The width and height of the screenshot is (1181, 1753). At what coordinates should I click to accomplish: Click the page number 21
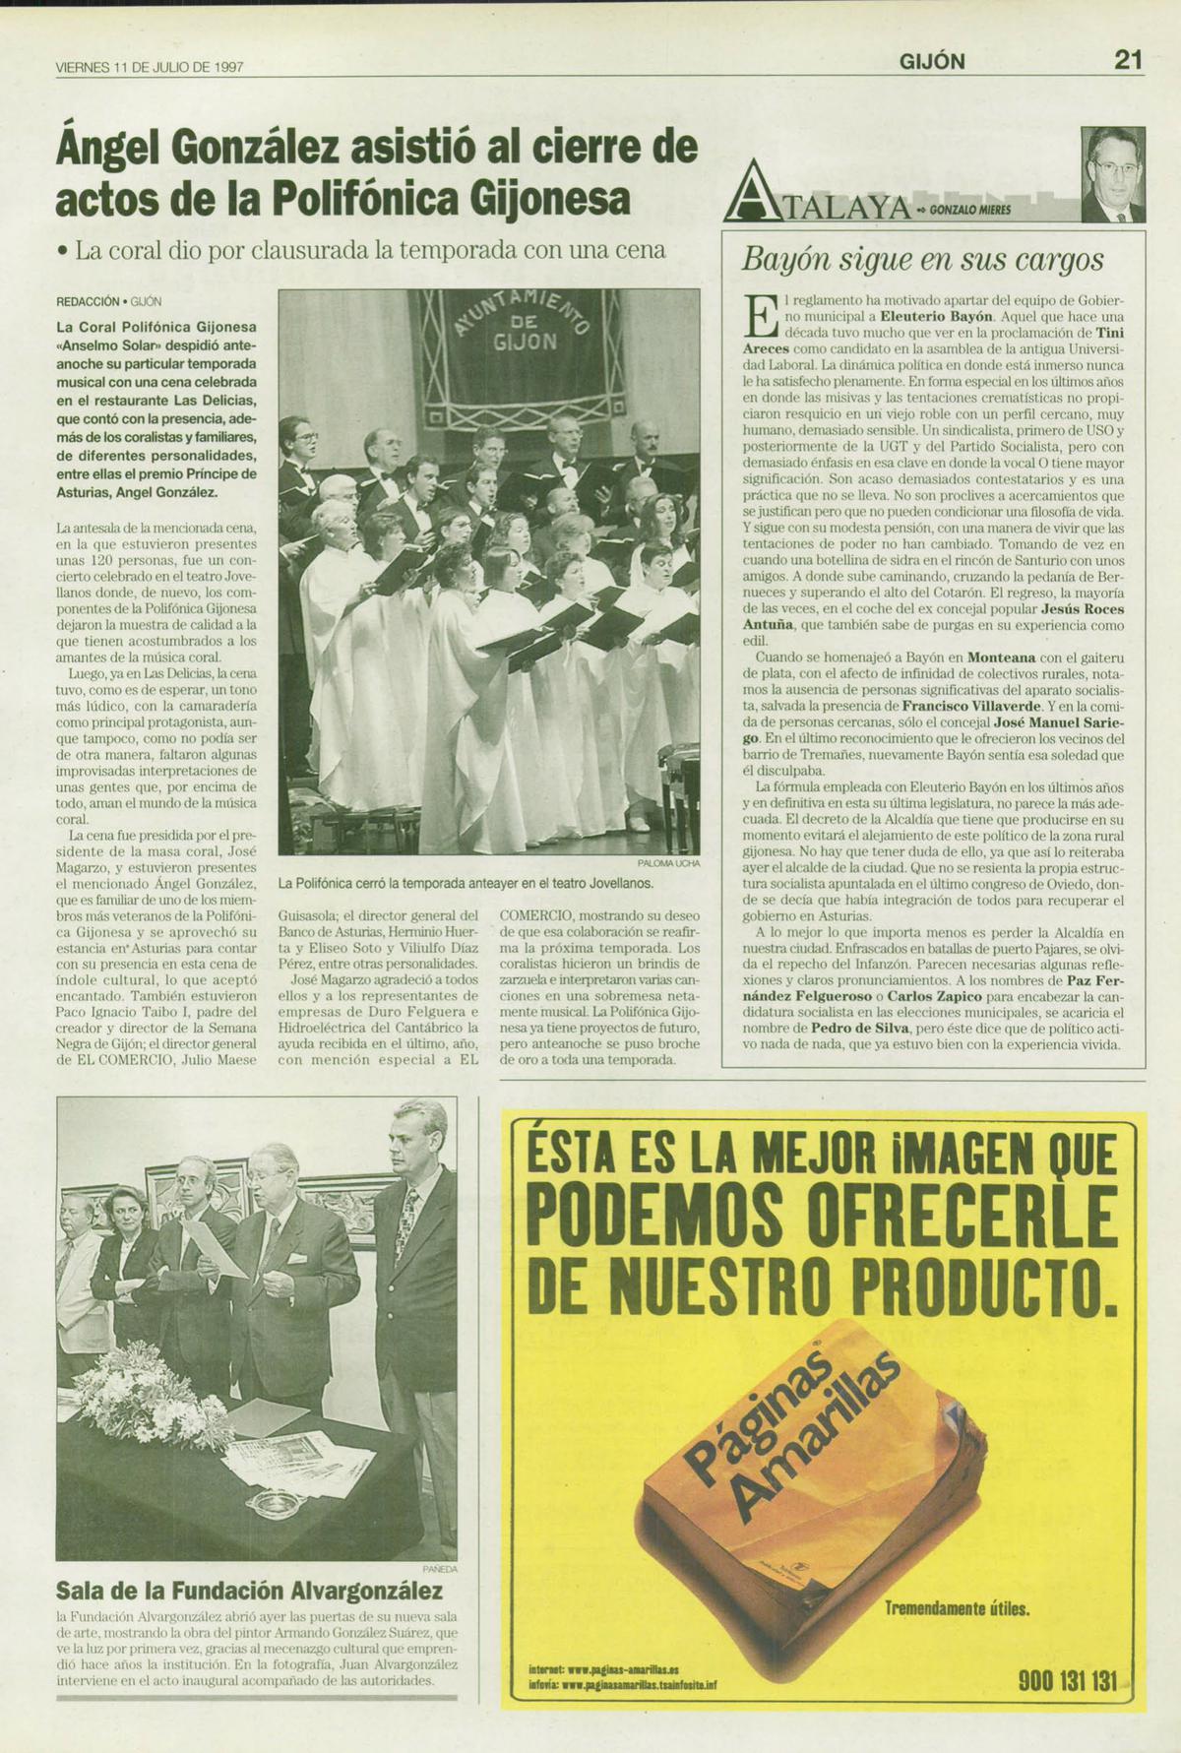[x=1127, y=61]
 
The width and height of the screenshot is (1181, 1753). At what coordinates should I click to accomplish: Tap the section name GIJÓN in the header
[x=931, y=62]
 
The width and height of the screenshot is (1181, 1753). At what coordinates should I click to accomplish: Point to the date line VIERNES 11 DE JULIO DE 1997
[x=150, y=68]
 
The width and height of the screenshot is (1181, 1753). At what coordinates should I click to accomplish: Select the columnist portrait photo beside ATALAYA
[x=1112, y=174]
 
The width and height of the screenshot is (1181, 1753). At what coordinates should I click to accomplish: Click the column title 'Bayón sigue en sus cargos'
[x=922, y=260]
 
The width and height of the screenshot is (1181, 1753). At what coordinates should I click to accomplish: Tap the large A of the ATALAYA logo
[x=747, y=193]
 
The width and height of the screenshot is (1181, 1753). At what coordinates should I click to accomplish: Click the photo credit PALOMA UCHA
[x=668, y=863]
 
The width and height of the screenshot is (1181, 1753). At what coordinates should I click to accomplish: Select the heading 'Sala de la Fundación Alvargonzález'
[x=250, y=1590]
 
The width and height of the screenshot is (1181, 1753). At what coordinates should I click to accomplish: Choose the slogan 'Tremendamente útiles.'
[x=957, y=1610]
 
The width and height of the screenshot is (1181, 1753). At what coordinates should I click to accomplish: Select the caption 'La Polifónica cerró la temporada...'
[x=466, y=883]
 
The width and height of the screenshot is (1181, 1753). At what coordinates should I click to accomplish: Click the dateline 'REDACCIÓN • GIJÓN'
[x=108, y=302]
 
